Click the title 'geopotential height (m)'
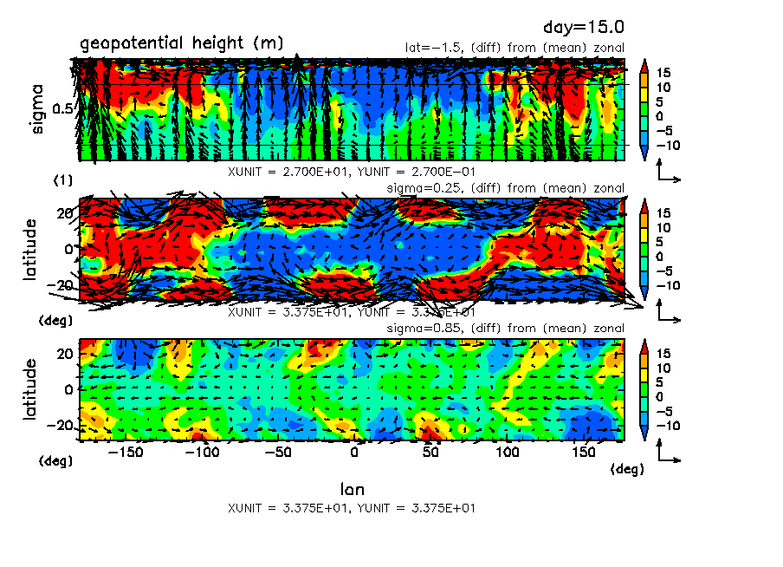(181, 43)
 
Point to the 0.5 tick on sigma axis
(62, 109)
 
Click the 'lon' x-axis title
(352, 490)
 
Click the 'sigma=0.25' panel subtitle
(417, 188)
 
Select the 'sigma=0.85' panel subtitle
(417, 329)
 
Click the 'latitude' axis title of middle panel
(31, 249)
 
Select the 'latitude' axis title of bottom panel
(31, 389)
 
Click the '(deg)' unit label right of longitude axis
(627, 469)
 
